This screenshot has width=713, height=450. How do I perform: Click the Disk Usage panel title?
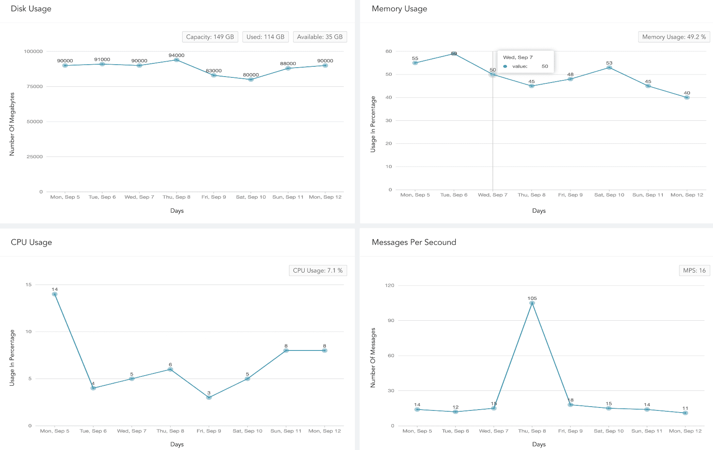point(31,9)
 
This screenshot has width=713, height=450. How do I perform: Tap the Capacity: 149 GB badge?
point(210,37)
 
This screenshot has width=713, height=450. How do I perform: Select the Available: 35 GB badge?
point(320,37)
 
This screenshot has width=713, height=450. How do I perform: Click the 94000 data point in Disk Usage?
point(177,60)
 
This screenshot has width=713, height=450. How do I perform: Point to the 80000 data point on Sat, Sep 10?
point(251,80)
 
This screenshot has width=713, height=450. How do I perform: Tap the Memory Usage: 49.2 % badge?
point(674,37)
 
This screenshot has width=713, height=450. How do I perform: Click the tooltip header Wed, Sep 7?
point(518,57)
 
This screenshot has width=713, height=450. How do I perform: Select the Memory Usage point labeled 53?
point(609,68)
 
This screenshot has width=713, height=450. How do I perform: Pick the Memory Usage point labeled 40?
point(687,97)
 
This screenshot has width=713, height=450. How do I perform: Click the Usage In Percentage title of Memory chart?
point(373,124)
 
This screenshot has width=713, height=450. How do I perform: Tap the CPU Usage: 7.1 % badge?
point(318,271)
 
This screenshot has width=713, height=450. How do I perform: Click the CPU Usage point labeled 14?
point(54,294)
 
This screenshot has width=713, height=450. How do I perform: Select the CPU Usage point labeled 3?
point(209,398)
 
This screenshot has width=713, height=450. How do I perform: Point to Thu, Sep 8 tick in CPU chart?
point(170,431)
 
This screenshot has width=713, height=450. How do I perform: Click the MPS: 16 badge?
point(694,271)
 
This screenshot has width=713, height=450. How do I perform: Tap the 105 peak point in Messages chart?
point(532,303)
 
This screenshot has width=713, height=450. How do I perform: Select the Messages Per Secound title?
point(414,242)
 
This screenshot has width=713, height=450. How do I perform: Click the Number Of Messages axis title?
point(373,358)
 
